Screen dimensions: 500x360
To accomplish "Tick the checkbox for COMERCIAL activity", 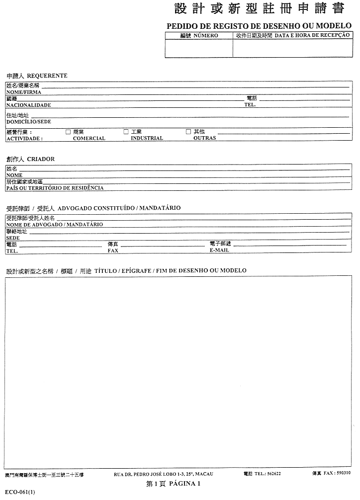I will coord(68,132).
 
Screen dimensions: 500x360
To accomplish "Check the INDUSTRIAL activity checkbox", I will coord(126,132).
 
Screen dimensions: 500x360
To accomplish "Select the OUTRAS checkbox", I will coord(188,132).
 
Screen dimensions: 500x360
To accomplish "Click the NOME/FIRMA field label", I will coord(23,92).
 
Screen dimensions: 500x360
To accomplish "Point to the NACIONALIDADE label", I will coord(28,105).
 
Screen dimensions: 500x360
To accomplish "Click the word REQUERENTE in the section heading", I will coord(47,76).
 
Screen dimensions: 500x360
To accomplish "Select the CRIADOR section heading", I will coord(41,159).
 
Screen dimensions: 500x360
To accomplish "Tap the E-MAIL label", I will coord(219,251).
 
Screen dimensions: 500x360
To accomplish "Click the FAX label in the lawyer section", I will coord(113,251).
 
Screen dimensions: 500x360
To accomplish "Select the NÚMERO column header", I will coord(205,36).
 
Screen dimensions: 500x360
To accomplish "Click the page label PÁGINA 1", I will coord(184,484).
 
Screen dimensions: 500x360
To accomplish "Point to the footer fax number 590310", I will coord(343,473).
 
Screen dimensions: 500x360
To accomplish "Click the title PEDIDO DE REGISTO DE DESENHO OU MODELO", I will coord(259,25).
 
